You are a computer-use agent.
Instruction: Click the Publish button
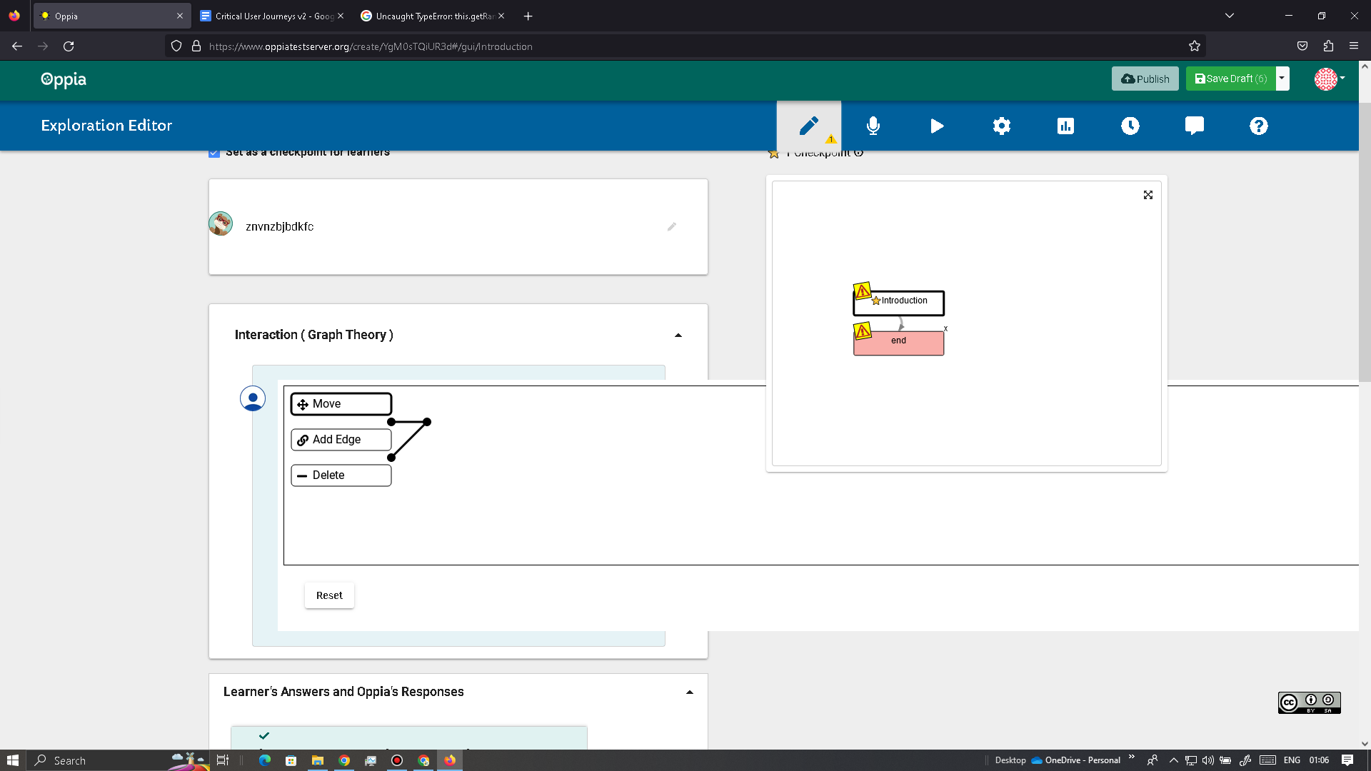[x=1145, y=79]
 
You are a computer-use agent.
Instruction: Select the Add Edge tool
[x=341, y=440]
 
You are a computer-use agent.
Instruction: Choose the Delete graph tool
[x=341, y=475]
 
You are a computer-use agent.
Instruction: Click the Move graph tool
[x=341, y=404]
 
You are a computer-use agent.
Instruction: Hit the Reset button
[x=329, y=595]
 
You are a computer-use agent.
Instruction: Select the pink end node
[x=898, y=343]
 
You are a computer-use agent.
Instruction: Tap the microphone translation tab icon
[x=873, y=126]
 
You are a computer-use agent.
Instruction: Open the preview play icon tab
[x=937, y=126]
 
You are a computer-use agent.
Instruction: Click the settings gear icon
[x=1001, y=126]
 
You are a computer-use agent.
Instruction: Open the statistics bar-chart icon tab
[x=1065, y=126]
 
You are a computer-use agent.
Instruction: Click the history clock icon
[x=1130, y=126]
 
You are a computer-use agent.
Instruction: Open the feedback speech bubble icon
[x=1194, y=126]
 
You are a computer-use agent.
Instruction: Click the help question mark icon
[x=1258, y=126]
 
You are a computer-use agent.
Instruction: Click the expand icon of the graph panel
[x=1147, y=195]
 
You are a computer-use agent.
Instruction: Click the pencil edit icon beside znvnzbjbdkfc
[x=671, y=227]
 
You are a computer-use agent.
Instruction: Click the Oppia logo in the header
[x=64, y=79]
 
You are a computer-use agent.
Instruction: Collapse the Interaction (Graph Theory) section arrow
[x=678, y=336]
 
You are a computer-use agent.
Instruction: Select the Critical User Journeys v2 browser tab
[x=271, y=16]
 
